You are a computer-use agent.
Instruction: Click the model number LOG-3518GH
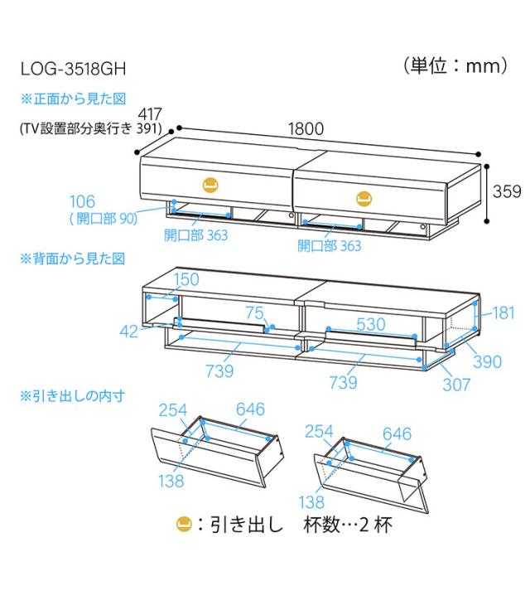73,69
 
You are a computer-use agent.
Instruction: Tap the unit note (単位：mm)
455,65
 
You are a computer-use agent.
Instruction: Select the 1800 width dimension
306,128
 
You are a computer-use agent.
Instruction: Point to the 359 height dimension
507,191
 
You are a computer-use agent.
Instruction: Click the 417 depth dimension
150,114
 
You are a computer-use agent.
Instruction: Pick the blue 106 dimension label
82,201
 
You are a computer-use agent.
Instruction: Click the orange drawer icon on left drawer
210,185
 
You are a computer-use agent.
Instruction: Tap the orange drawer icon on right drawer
364,199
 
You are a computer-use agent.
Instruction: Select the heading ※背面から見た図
73,259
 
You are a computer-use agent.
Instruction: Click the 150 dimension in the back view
186,279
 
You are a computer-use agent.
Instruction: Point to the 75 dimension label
254,312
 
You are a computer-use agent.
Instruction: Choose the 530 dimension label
370,325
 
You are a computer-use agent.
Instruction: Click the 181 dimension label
503,313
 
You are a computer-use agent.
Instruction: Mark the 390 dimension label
487,361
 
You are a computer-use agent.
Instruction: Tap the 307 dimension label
456,385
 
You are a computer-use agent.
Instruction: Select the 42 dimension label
129,331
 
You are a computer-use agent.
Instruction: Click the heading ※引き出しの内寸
73,395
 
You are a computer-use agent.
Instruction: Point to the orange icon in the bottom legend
184,524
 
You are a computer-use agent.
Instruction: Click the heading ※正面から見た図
73,99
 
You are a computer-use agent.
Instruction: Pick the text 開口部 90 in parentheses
104,219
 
